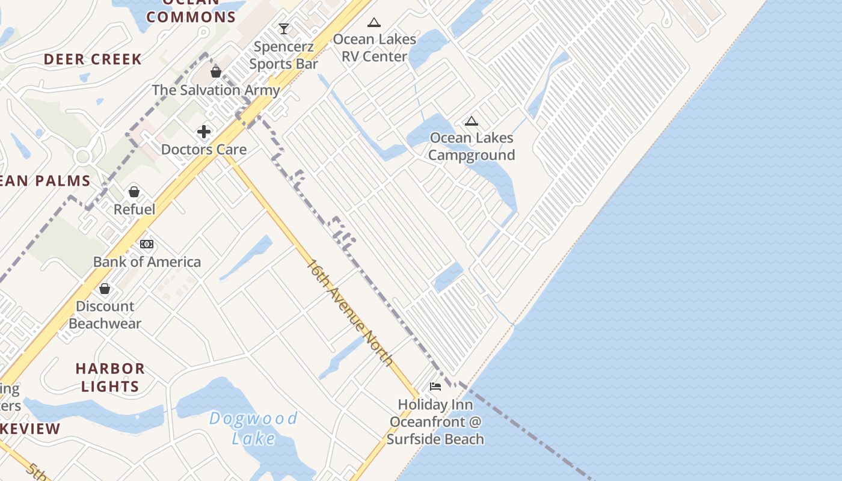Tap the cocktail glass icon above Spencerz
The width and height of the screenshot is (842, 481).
283,28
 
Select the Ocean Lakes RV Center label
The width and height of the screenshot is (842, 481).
374,47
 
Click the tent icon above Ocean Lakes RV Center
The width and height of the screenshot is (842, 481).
374,23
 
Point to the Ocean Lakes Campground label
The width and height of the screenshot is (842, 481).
472,146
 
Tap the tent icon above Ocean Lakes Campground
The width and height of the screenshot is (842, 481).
472,121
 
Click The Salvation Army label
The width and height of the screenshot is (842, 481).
216,90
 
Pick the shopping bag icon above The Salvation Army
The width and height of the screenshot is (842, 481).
216,72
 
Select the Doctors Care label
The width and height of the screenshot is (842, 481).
204,149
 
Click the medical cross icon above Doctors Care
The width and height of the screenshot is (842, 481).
204,131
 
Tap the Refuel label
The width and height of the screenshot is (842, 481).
134,209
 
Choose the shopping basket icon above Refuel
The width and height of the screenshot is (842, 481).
134,192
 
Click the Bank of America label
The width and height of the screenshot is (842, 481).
147,262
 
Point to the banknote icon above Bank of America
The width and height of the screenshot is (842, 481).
147,244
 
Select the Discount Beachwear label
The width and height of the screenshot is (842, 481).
105,314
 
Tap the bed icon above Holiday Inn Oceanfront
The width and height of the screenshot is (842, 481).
435,386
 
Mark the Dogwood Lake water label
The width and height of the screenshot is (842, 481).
253,428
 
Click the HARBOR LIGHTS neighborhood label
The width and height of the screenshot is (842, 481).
110,377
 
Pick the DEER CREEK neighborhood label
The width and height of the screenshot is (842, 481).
93,59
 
